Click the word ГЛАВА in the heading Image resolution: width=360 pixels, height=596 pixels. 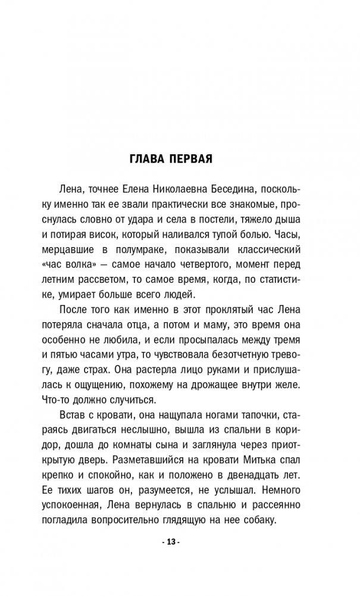point(148,160)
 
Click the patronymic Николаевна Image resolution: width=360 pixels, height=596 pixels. point(176,189)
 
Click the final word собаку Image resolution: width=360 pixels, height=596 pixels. point(258,520)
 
